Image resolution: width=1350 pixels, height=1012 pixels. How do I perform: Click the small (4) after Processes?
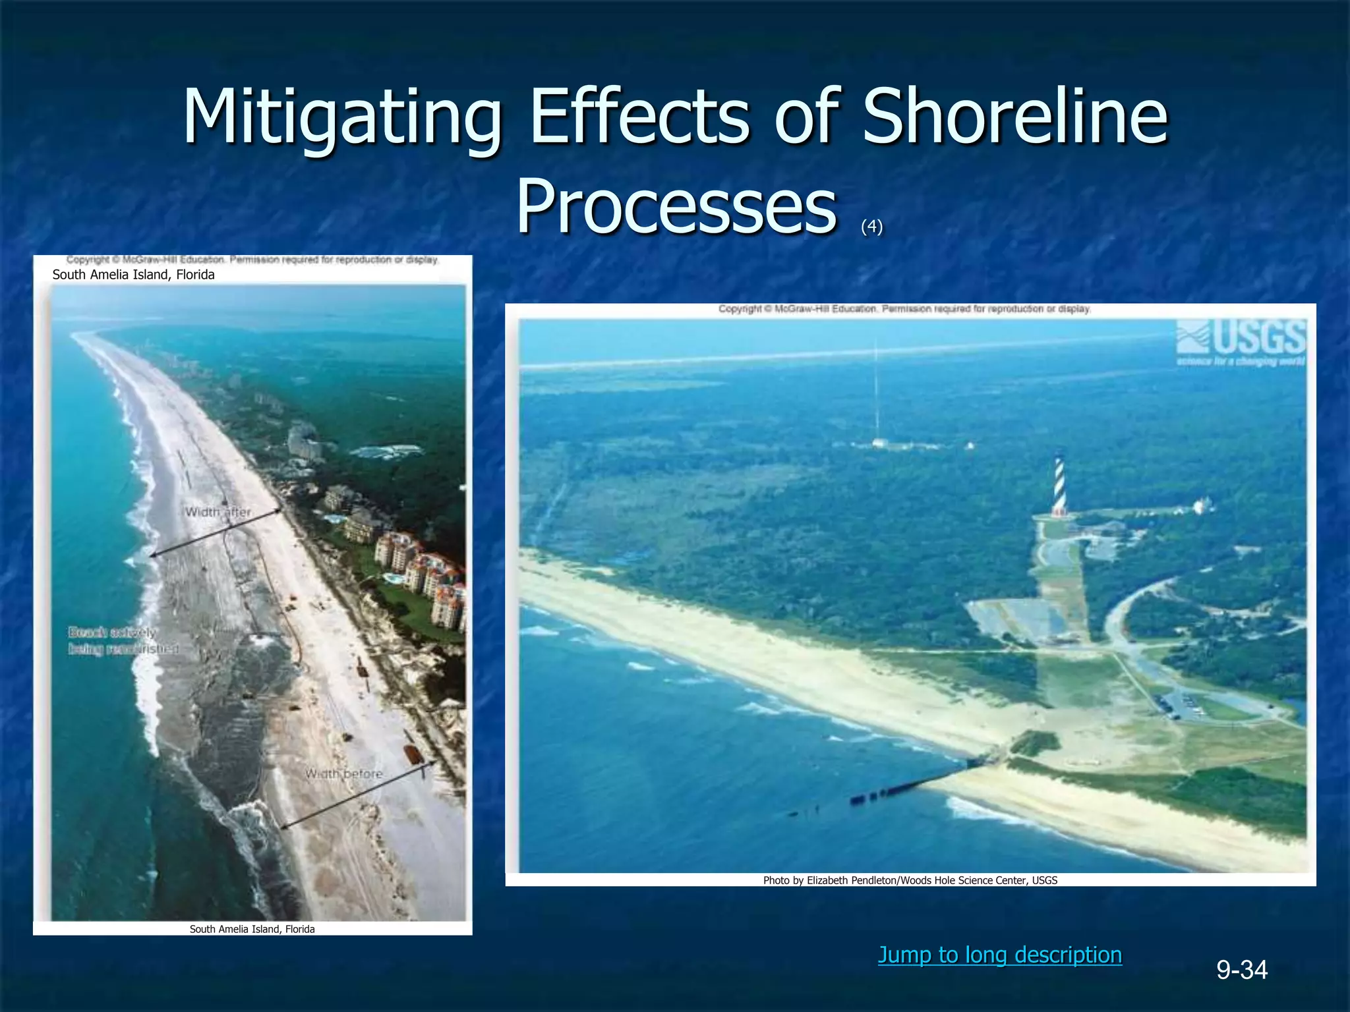871,227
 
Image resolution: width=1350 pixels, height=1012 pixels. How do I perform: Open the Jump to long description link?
999,955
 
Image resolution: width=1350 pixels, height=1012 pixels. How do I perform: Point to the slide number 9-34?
1242,970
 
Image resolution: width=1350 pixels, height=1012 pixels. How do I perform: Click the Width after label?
218,512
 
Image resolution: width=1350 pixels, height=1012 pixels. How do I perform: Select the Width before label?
343,773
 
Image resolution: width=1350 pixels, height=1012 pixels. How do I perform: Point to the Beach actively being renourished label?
123,640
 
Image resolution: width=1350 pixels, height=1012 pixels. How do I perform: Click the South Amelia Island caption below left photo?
252,929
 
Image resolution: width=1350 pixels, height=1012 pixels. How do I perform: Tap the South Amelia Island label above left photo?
133,275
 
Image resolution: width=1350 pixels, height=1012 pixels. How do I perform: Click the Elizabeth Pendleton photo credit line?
910,880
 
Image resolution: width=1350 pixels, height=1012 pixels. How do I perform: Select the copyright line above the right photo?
904,308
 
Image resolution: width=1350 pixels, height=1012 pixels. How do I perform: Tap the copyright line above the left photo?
252,260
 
